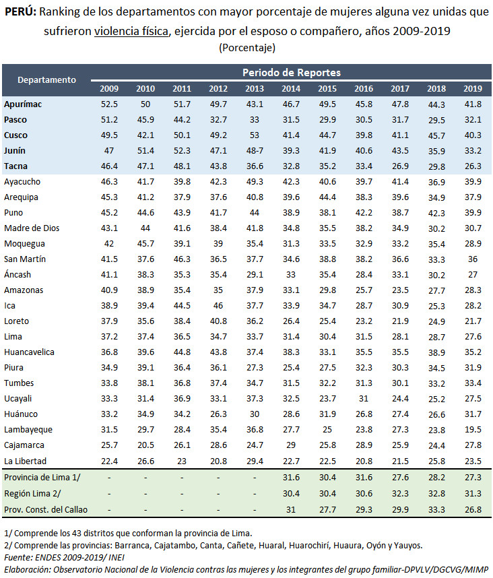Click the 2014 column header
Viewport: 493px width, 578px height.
pos(291,88)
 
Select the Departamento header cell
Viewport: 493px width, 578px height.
pos(46,79)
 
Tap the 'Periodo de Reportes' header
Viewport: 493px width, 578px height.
pos(291,72)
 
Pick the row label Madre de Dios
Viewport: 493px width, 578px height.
pos(32,228)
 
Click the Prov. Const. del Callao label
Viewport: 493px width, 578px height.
pos(46,509)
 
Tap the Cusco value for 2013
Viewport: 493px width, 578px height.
pos(255,135)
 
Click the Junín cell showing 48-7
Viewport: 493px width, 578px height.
pos(255,150)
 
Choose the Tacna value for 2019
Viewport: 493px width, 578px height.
pos(473,166)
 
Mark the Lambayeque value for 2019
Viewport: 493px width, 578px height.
pos(473,429)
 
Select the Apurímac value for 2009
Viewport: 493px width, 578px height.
pos(109,104)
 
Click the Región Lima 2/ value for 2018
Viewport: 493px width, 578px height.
pos(436,494)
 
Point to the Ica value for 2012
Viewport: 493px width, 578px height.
pos(218,305)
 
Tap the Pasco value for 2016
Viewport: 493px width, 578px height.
pos(364,119)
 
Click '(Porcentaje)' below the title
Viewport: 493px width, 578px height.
pos(247,47)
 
